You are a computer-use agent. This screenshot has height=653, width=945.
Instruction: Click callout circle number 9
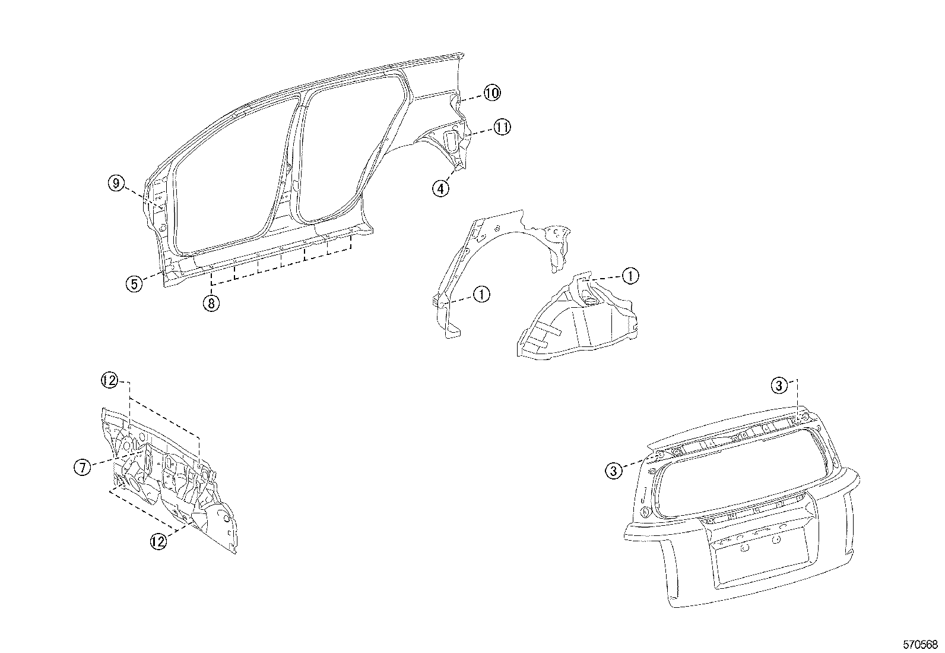[x=116, y=184]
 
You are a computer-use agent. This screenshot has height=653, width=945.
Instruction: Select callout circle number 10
[x=491, y=93]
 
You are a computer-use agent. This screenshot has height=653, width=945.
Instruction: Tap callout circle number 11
[x=502, y=127]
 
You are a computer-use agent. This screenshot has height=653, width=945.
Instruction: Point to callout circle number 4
[x=440, y=189]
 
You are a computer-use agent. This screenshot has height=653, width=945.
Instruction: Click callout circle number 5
[x=135, y=283]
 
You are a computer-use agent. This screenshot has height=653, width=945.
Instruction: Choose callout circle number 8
[x=211, y=303]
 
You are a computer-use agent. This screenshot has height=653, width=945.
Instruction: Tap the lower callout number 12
[x=158, y=541]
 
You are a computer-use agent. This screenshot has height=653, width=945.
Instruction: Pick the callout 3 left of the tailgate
[x=614, y=471]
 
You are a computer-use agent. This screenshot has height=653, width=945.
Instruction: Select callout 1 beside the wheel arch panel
[x=481, y=294]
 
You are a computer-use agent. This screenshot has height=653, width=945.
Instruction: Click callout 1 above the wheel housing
[x=630, y=276]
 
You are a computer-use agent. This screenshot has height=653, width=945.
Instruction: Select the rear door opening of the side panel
[x=350, y=149]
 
